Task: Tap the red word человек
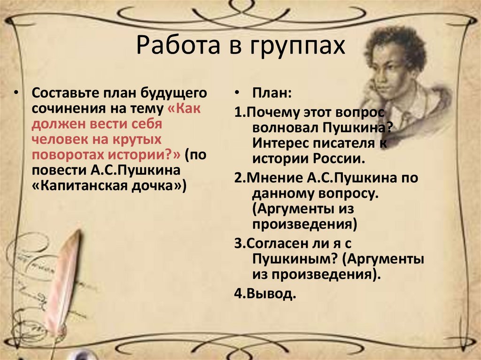pos(59,140)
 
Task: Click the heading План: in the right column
pos(271,93)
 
